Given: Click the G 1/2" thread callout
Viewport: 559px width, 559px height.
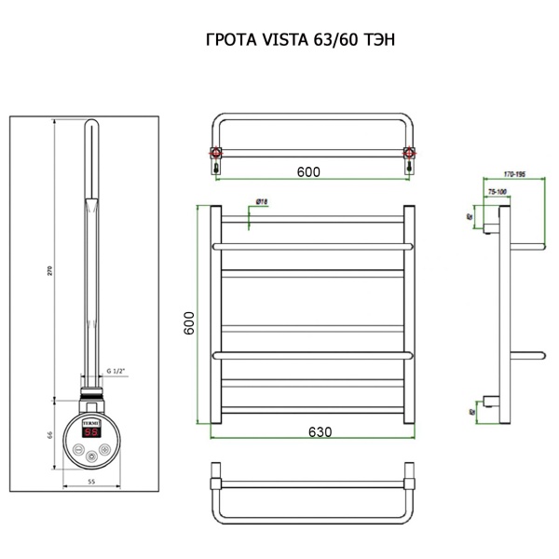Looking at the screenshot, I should [116, 371].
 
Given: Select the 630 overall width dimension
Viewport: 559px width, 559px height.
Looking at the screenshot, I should [320, 433].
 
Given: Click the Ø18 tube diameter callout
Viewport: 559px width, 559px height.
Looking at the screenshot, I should [262, 201].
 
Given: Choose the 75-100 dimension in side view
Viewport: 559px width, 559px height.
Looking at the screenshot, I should [498, 191].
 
